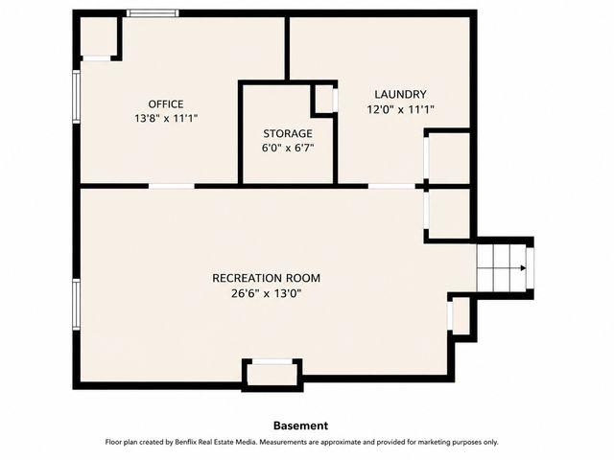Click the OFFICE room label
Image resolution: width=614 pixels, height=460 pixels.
[166, 104]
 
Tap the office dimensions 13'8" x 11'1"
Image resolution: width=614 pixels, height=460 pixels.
[166, 118]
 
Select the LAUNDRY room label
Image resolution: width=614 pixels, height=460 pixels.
[400, 94]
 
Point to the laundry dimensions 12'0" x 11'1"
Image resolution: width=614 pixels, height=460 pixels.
[400, 109]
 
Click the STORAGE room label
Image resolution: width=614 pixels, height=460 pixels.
[288, 134]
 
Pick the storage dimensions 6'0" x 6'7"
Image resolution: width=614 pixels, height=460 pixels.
[288, 149]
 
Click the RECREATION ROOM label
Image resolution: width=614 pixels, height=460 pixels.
[267, 278]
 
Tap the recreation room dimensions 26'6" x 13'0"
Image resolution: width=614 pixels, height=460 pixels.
[267, 293]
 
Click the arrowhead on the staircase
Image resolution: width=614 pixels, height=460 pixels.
[523, 268]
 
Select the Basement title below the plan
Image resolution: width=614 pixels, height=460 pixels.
[300, 425]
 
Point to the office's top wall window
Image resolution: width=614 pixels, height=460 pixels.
[153, 13]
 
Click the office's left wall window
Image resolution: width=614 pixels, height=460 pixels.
[77, 97]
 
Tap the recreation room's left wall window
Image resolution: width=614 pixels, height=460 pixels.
[77, 305]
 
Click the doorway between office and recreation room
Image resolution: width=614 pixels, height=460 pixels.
[172, 186]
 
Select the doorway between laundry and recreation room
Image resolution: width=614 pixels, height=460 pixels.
[391, 186]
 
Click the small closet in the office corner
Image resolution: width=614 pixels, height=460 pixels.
[99, 36]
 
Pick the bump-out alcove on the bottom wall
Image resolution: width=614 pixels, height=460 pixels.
[272, 375]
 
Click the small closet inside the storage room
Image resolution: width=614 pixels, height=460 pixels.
[324, 99]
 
